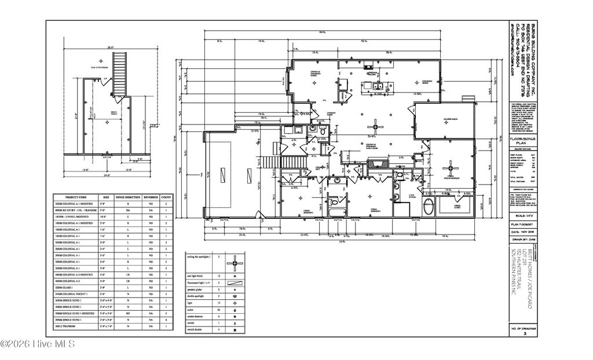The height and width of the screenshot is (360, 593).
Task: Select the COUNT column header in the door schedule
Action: [x=166, y=197]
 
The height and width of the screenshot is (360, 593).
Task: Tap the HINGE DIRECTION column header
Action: [x=135, y=197]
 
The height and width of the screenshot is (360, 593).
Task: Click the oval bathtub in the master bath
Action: [x=427, y=207]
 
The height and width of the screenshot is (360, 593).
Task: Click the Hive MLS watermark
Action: [x=38, y=345]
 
